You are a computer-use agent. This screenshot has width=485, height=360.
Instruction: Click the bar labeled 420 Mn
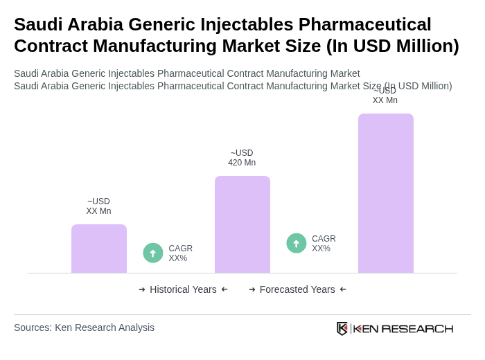point(242,224)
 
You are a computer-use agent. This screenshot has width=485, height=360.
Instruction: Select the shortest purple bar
point(98,249)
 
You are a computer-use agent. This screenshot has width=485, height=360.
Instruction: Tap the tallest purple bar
point(385,193)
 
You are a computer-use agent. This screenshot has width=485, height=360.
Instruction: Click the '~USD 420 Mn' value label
point(242,158)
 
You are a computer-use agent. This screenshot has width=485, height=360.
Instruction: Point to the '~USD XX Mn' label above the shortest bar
point(98,206)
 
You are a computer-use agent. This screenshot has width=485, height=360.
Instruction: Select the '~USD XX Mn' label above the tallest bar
point(385,96)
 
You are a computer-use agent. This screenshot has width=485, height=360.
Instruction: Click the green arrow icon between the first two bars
point(153,253)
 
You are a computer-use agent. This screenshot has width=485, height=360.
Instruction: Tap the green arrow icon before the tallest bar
point(297,243)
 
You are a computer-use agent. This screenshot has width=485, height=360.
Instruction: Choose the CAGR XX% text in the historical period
point(180,253)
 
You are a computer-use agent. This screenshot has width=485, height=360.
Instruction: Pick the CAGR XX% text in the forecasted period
point(324,244)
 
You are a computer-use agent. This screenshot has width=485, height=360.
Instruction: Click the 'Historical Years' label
point(183,289)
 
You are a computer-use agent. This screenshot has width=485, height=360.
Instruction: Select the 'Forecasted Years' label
point(297,289)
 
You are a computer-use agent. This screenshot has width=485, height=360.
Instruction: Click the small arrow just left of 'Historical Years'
point(142,289)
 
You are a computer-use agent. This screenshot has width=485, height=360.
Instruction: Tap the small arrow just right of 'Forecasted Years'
point(343,289)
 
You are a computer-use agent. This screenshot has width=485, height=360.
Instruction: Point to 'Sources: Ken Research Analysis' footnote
point(84,327)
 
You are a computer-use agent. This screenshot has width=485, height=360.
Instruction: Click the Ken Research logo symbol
point(342,328)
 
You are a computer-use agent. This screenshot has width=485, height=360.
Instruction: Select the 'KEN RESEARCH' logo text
point(403,328)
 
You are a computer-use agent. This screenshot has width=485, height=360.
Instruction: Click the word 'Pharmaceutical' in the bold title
point(364,24)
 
